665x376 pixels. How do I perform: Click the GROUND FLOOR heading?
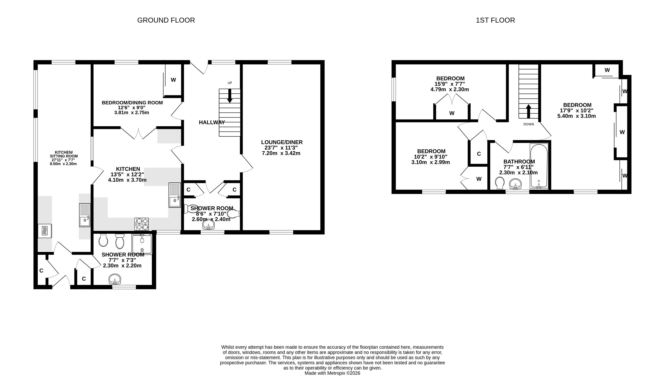click(x=166, y=20)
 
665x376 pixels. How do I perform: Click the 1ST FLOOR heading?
click(x=495, y=20)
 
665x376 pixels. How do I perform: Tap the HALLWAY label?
click(x=212, y=122)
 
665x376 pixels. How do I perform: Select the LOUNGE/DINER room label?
click(x=282, y=142)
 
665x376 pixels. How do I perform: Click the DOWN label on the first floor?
click(x=528, y=124)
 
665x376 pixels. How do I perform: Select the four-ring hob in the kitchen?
click(x=141, y=224)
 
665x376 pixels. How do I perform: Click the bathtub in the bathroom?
click(x=539, y=166)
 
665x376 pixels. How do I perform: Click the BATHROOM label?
click(x=519, y=162)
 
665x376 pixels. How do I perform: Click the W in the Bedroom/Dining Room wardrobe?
click(x=173, y=80)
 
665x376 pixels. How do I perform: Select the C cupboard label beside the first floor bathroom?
click(x=479, y=154)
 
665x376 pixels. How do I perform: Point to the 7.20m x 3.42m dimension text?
click(x=281, y=153)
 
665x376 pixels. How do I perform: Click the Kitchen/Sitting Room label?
click(x=64, y=154)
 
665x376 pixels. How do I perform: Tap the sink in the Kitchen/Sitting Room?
click(x=85, y=215)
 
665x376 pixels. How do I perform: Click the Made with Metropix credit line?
click(x=332, y=373)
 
